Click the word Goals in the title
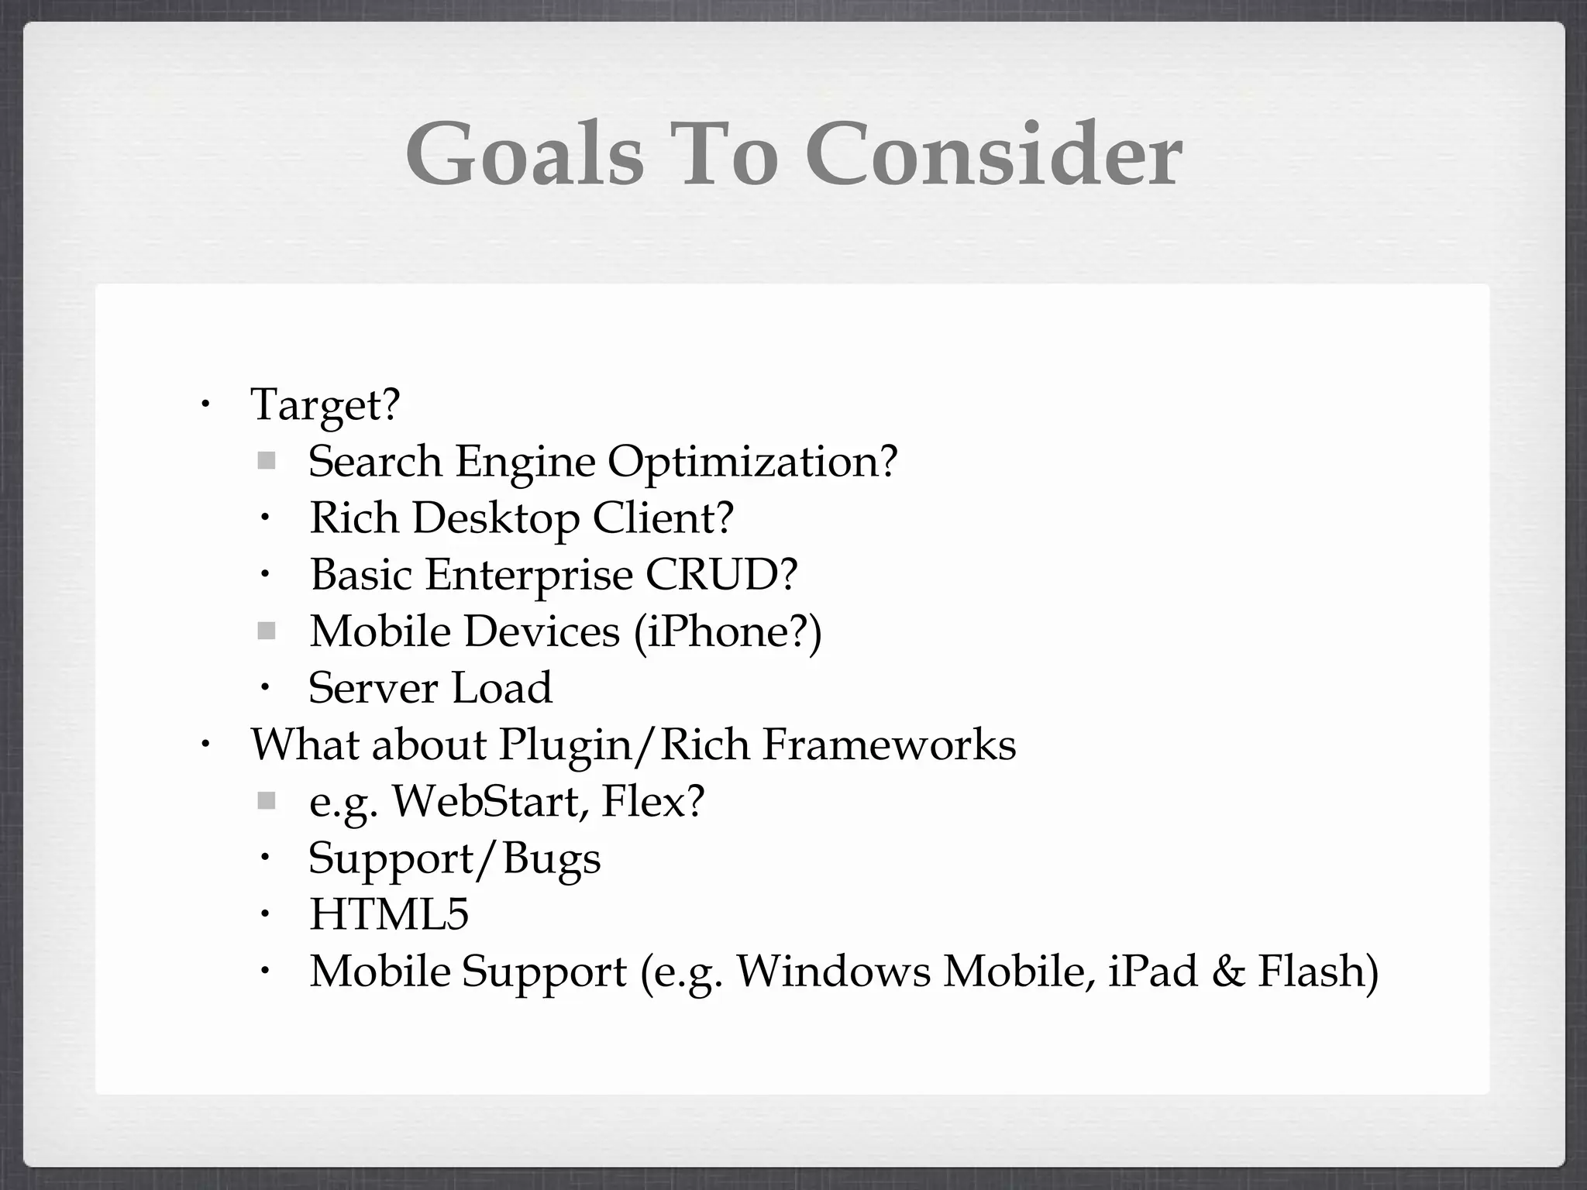[525, 155]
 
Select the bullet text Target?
[325, 405]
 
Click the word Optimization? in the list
[752, 463]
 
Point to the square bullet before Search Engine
[267, 461]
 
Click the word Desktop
[495, 518]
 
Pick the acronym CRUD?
[721, 574]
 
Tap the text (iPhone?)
[727, 631]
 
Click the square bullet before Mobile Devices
[267, 631]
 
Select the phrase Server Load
[430, 688]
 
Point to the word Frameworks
[889, 745]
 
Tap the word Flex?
[652, 801]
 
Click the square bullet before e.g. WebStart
[267, 801]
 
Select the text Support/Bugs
[454, 858]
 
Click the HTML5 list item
[389, 914]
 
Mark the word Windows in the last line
[833, 972]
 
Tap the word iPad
[1152, 972]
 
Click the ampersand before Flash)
[1227, 972]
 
